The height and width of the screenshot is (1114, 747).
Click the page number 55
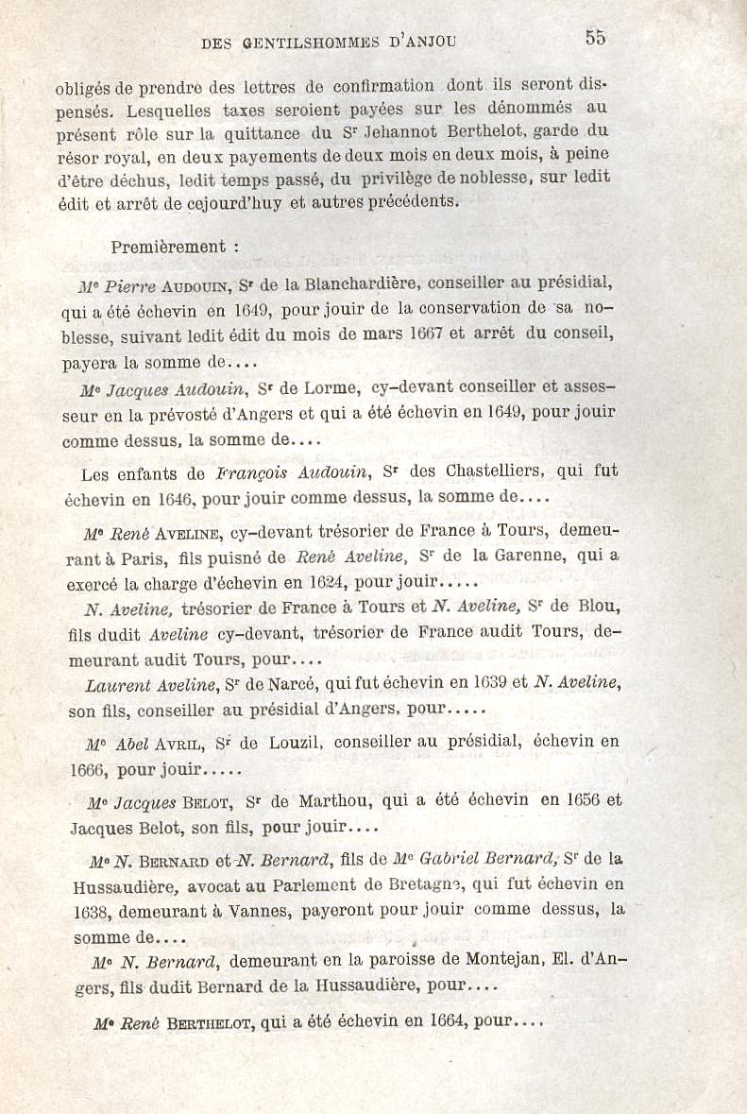tap(595, 38)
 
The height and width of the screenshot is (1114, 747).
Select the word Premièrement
tap(168, 248)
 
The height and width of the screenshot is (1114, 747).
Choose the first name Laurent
tap(117, 684)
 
